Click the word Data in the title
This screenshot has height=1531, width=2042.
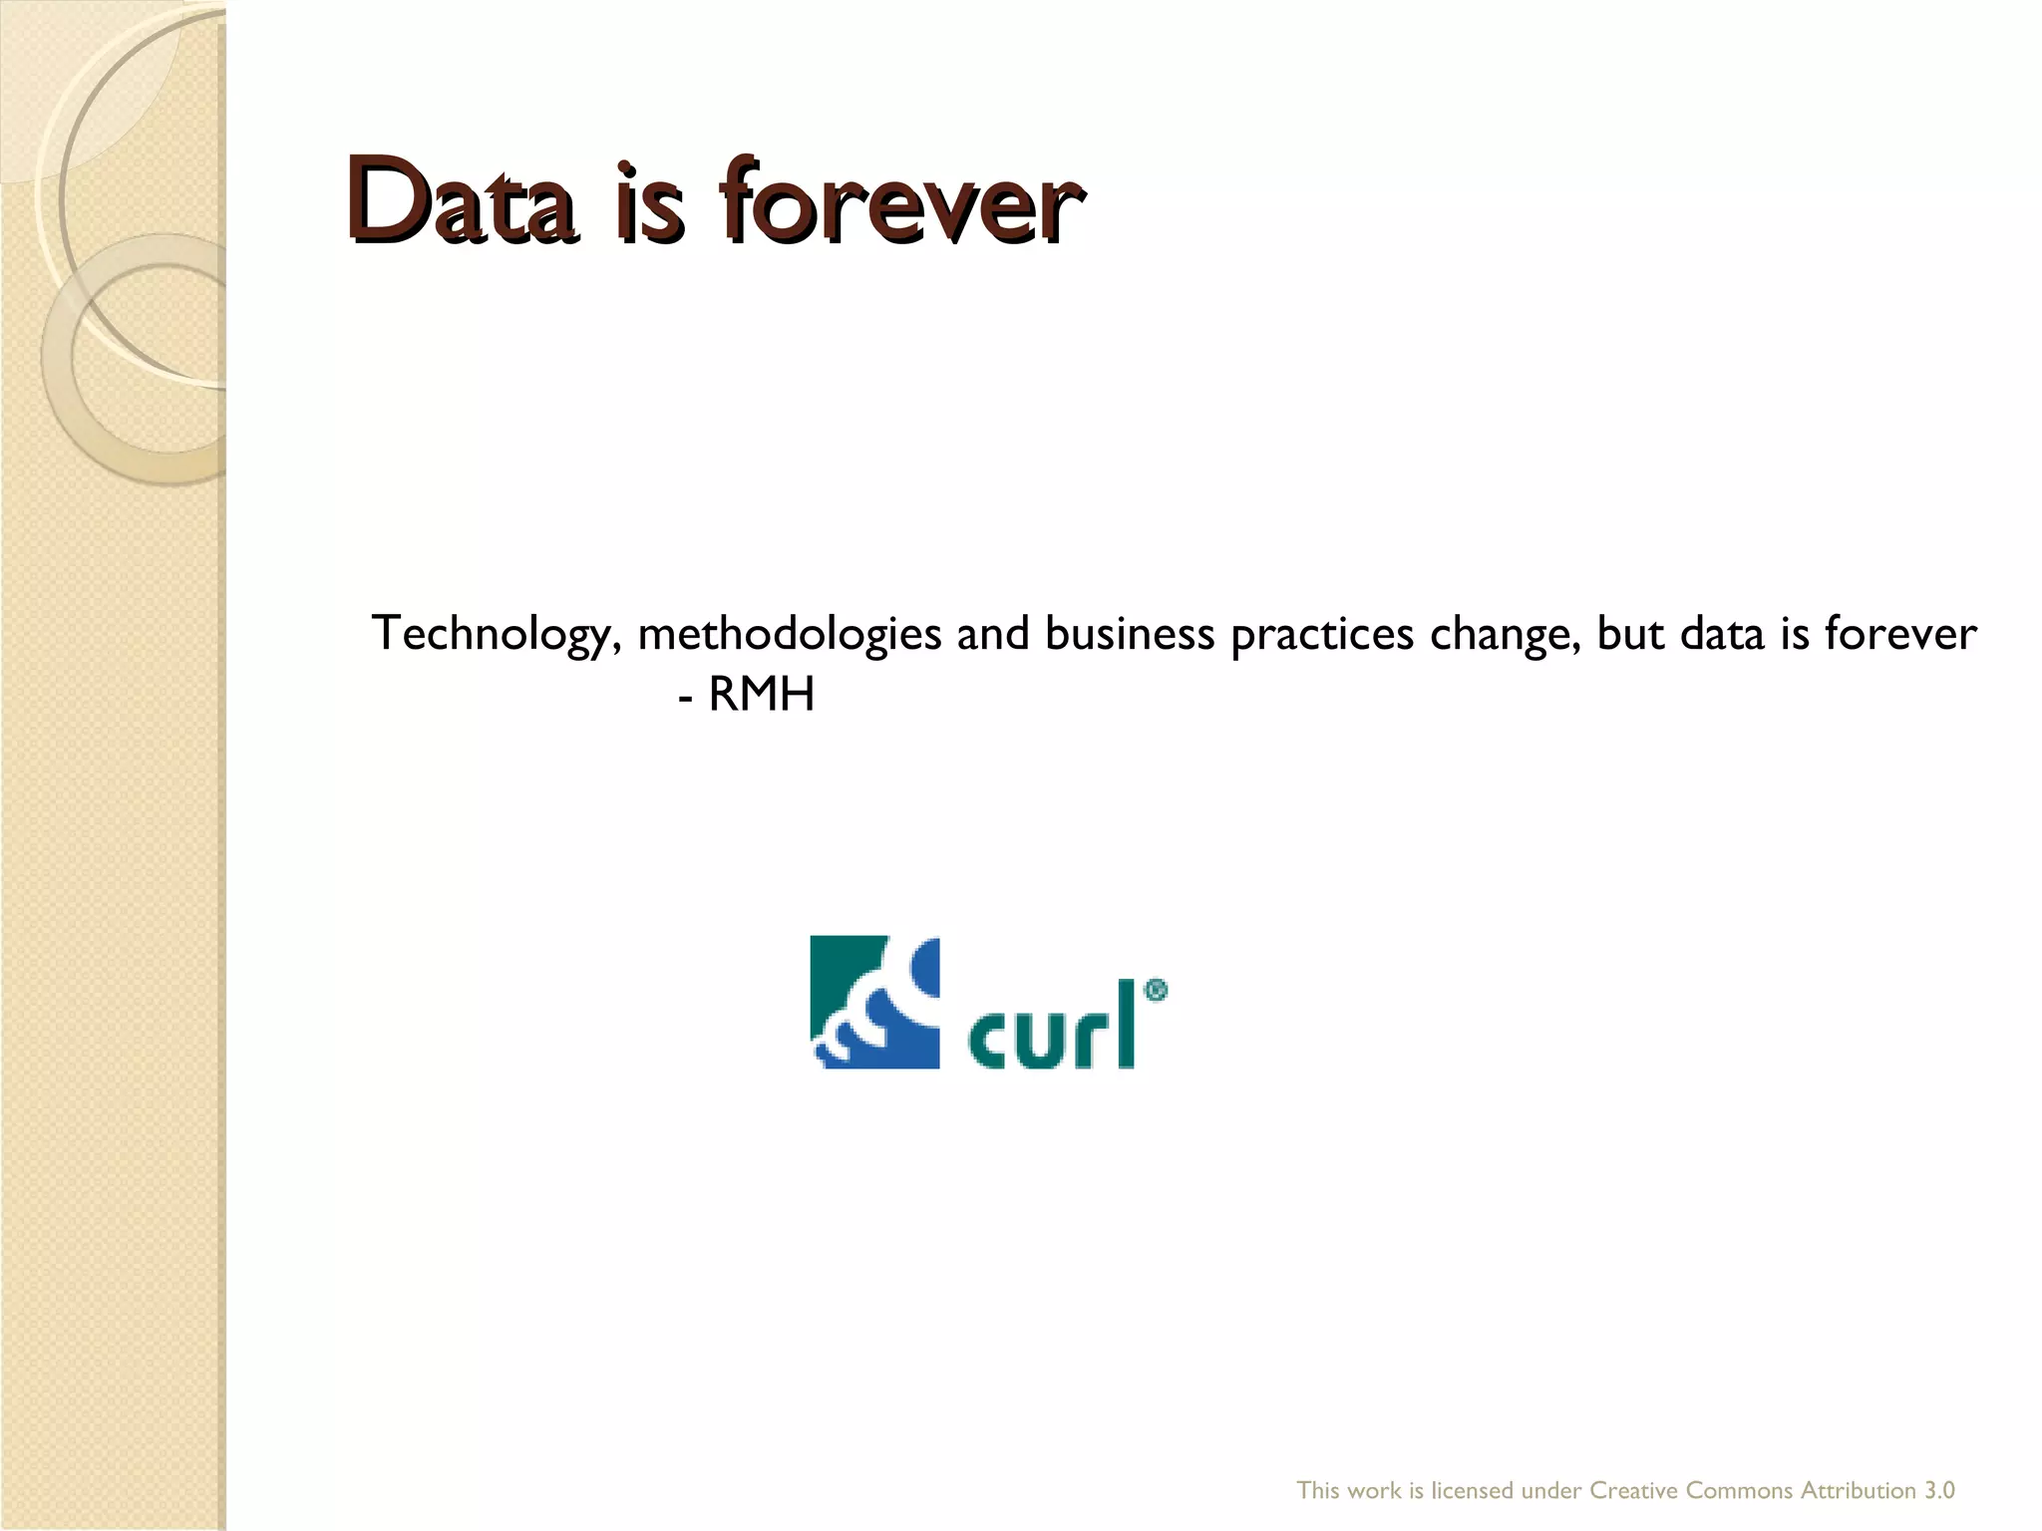coord(460,199)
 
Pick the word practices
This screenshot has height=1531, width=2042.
coord(1322,635)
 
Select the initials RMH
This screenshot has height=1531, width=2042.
coord(762,696)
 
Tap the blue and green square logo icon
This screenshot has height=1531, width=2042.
coord(874,1001)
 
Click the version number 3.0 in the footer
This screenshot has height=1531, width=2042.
coord(1939,1491)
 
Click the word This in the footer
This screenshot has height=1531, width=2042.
coord(1318,1491)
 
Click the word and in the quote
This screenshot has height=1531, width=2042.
coord(993,633)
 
